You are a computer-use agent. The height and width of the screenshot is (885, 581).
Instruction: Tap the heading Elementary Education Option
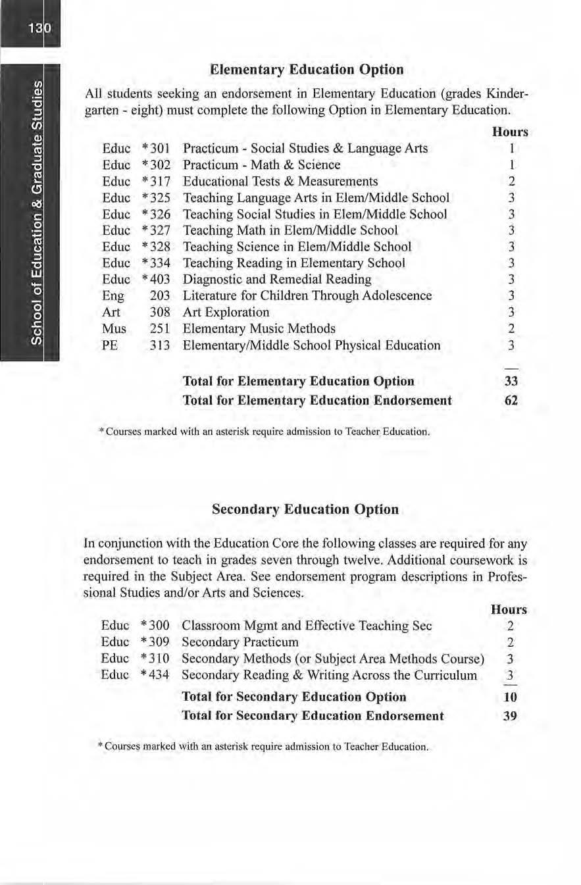pyautogui.click(x=306, y=69)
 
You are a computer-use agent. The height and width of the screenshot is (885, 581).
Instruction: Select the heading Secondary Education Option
pyautogui.click(x=305, y=509)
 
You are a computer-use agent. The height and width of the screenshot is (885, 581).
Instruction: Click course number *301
pyautogui.click(x=156, y=149)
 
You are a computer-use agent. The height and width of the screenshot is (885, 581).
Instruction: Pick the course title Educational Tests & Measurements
pyautogui.click(x=280, y=181)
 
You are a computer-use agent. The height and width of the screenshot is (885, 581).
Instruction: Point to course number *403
pyautogui.click(x=156, y=279)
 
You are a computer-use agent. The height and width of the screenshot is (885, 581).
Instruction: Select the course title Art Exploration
pyautogui.click(x=226, y=312)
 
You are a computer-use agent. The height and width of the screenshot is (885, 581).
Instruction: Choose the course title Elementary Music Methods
pyautogui.click(x=259, y=328)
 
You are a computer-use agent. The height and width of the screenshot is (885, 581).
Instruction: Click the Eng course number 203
pyautogui.click(x=160, y=295)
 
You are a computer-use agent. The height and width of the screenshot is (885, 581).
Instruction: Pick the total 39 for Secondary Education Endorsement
pyautogui.click(x=510, y=716)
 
